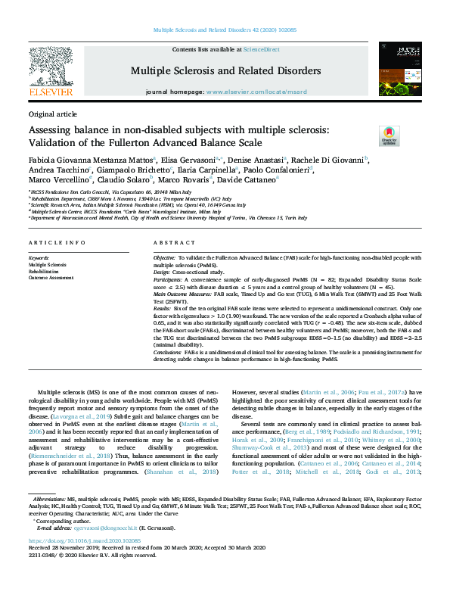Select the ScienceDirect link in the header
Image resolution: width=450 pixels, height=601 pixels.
pos(261,49)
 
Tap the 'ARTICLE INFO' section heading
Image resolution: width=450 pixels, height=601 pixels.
pos(55,243)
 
